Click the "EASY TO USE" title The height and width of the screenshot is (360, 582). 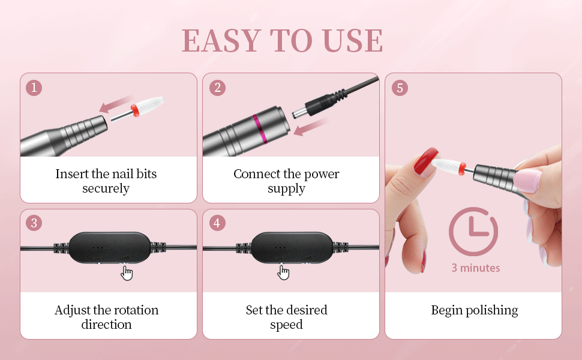tap(282, 41)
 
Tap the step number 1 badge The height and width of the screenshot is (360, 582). tap(34, 88)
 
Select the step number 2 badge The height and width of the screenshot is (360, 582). tap(217, 88)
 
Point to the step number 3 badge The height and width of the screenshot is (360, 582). tap(34, 223)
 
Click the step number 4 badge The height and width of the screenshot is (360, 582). tap(217, 223)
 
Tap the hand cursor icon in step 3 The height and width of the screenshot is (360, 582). tap(127, 273)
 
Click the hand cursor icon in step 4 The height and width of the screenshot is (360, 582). tap(284, 273)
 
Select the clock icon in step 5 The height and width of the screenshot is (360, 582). tap(473, 231)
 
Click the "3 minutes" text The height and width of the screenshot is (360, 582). tap(475, 268)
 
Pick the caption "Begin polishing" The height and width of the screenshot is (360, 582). tap(474, 310)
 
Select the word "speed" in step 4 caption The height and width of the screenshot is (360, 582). tap(287, 325)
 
